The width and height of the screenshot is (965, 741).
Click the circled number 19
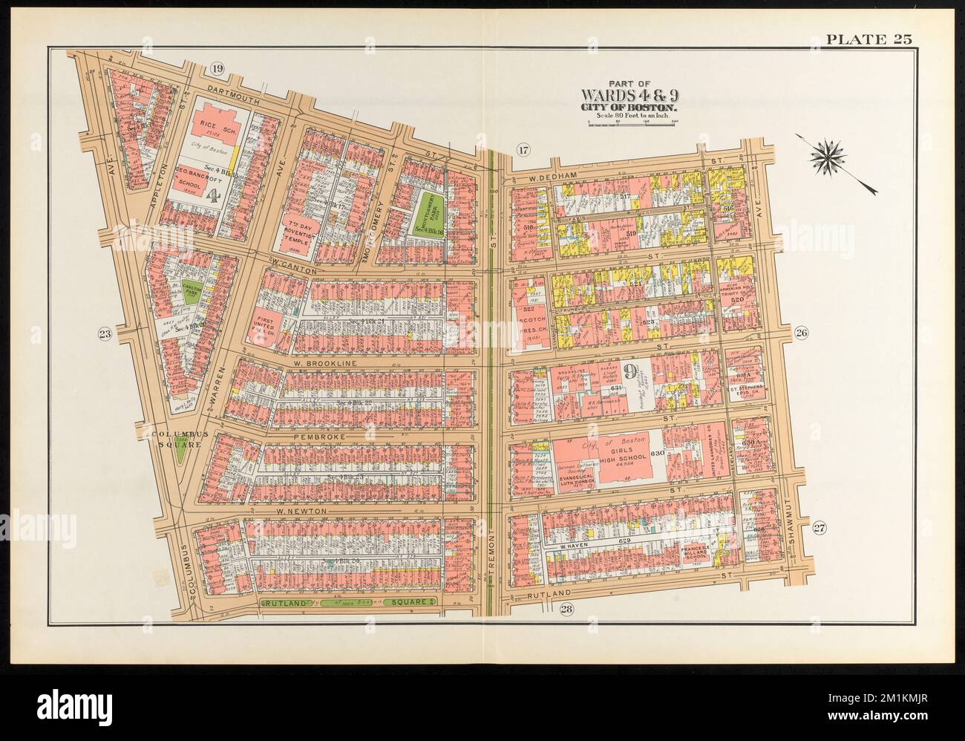click(217, 70)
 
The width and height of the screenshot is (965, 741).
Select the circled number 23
click(105, 335)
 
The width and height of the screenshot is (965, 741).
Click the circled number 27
click(819, 528)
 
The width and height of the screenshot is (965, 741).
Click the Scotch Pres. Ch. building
click(529, 323)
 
